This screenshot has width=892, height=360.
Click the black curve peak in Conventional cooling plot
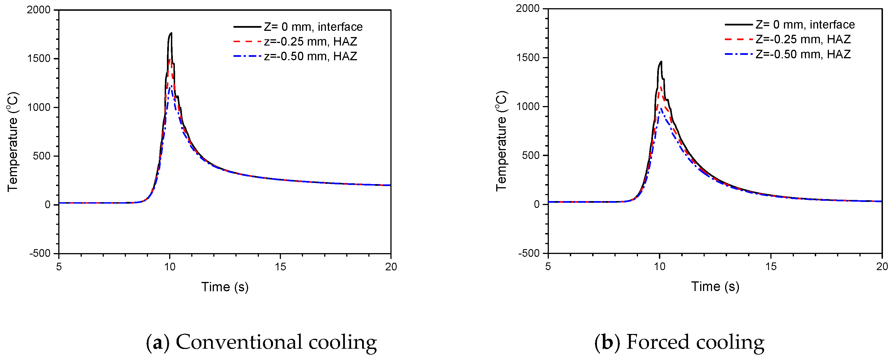(171, 34)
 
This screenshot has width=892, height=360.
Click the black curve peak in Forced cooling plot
(661, 62)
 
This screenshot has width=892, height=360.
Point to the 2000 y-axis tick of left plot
(39, 10)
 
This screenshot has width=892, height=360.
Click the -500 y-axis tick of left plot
(40, 253)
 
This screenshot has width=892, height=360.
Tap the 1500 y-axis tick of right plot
(528, 57)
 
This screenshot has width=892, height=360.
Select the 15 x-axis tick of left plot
(280, 267)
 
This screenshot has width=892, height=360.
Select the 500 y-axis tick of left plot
(42, 156)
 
